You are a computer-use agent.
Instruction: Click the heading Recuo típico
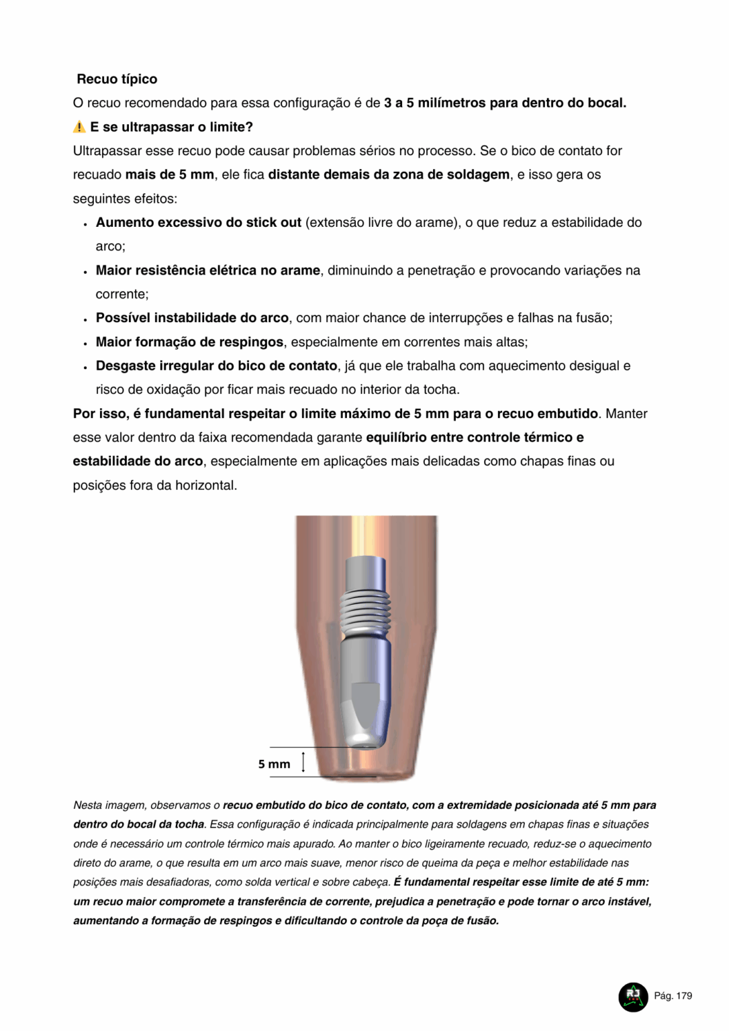117,79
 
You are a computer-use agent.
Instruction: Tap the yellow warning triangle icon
79,127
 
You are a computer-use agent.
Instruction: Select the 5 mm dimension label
274,764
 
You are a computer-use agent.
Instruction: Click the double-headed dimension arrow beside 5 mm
303,763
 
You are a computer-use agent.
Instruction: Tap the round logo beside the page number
632,996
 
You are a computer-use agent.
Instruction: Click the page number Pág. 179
673,996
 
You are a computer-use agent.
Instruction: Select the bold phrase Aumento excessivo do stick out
198,222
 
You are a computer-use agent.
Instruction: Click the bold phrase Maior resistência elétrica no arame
207,271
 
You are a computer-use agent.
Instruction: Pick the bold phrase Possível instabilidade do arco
192,318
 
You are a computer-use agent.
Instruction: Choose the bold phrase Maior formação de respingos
189,342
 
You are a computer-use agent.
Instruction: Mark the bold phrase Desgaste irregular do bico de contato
216,366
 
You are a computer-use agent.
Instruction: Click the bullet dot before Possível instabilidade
85,320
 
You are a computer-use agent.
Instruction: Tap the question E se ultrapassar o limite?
171,127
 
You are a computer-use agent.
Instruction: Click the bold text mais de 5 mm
169,175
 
